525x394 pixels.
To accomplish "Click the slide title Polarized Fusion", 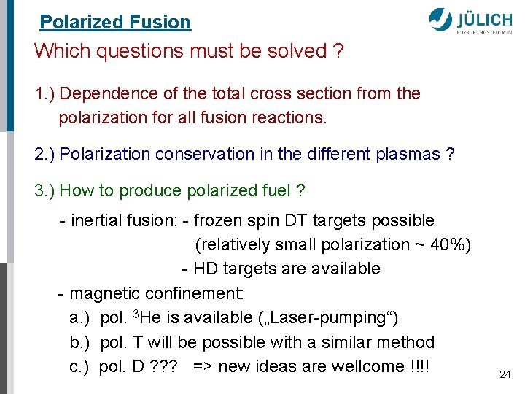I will point(115,22).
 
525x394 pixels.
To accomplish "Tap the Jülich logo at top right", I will point(474,21).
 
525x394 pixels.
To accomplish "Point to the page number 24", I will point(505,374).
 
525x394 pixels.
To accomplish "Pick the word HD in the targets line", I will point(206,269).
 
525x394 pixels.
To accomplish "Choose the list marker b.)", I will point(80,342).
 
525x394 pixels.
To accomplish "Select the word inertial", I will point(95,220).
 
